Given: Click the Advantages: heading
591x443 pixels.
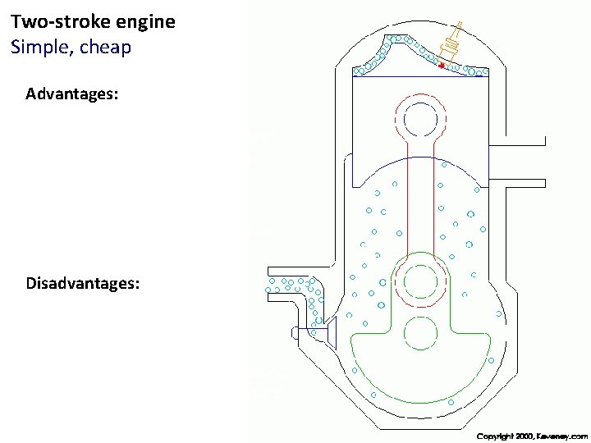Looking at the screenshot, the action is pyautogui.click(x=71, y=94).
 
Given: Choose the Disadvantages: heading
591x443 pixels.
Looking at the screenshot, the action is pyautogui.click(x=82, y=284).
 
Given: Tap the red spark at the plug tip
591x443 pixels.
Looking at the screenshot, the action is pyautogui.click(x=442, y=64).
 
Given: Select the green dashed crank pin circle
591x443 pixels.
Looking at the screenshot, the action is pyautogui.click(x=419, y=282).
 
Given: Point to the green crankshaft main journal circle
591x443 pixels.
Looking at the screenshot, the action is pyautogui.click(x=419, y=333).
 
